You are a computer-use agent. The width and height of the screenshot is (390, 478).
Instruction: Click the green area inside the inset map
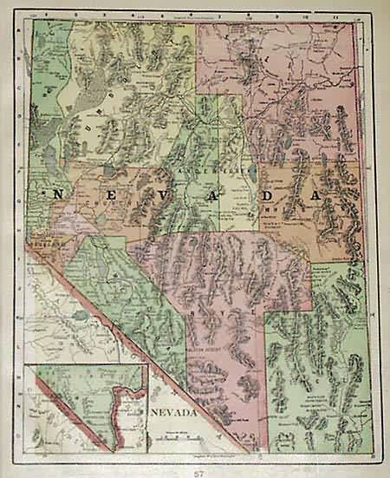78,390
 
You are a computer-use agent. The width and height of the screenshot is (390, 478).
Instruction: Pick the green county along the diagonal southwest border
130,286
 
